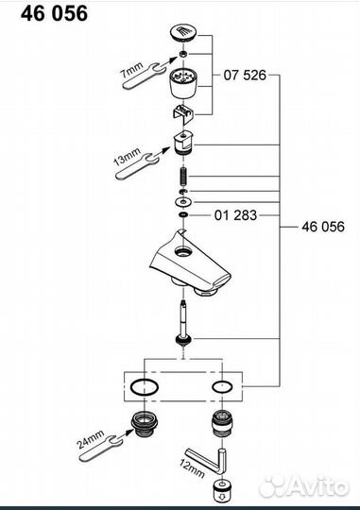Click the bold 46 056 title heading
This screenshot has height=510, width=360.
tap(54, 13)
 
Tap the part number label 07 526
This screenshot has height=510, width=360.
tap(245, 76)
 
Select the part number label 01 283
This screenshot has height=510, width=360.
tap(235, 215)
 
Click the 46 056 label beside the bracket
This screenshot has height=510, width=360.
tap(323, 227)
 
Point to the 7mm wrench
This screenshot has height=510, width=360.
tap(143, 76)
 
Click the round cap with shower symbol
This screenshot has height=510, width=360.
tap(183, 33)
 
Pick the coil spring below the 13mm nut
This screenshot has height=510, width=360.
tap(183, 176)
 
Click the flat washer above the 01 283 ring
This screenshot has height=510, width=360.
tap(183, 202)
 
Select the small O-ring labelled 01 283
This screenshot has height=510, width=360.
tap(183, 214)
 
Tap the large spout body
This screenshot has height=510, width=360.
tap(190, 262)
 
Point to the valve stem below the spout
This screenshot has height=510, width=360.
tap(183, 325)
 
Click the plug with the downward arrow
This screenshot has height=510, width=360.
tap(222, 488)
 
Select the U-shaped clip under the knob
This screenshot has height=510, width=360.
tap(183, 114)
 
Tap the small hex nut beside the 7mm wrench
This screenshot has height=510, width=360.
tap(183, 54)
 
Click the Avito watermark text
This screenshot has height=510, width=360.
tap(318, 486)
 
